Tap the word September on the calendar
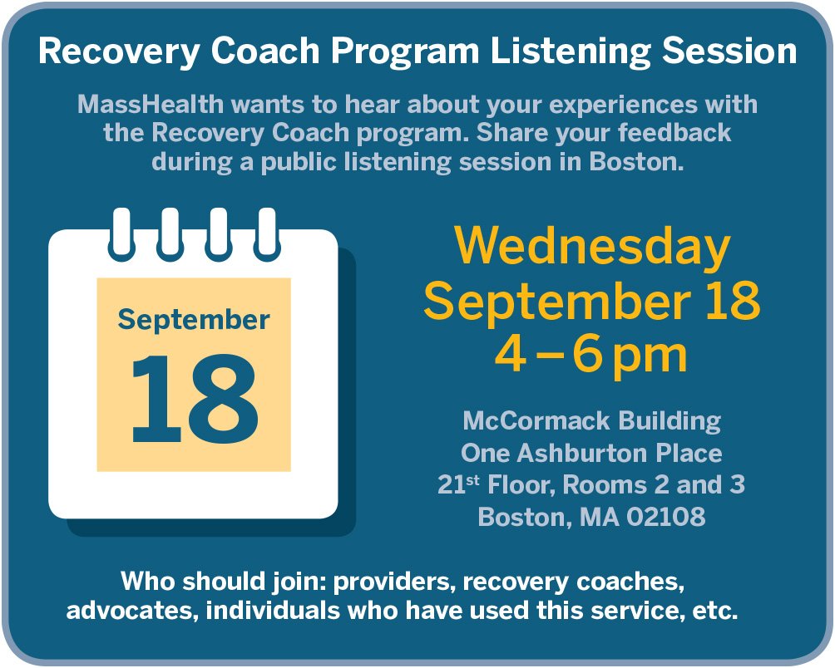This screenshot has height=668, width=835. click(x=194, y=319)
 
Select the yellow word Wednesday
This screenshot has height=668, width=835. click(x=592, y=247)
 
